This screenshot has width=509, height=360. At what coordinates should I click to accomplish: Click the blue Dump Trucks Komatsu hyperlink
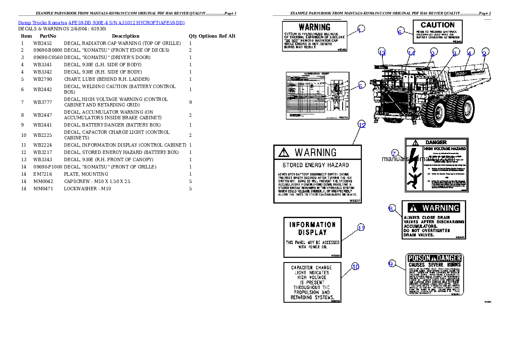point(101,23)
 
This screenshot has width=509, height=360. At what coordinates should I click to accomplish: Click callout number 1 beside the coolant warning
point(361,30)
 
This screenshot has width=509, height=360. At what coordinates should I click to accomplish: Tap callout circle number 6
point(400,32)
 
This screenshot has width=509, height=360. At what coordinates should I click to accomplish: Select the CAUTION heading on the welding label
point(437,25)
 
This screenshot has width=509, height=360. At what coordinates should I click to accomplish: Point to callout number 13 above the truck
point(382,53)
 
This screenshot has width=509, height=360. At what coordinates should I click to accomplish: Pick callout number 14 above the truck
point(411,53)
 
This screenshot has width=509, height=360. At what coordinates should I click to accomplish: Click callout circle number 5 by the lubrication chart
point(361,86)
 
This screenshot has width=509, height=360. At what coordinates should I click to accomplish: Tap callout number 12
point(362,125)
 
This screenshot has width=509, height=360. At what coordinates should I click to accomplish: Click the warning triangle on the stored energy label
point(283,152)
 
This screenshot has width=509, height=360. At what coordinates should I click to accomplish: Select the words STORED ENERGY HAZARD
point(316,165)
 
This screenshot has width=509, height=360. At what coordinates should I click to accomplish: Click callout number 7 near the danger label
point(394,153)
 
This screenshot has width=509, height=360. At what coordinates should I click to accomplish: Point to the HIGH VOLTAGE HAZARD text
point(444,148)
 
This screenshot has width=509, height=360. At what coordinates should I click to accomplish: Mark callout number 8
point(391,209)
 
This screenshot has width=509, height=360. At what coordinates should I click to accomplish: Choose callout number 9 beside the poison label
point(391,264)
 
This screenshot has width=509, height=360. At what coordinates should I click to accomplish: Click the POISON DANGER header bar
point(434,258)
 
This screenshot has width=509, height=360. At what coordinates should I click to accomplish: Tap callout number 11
point(361,228)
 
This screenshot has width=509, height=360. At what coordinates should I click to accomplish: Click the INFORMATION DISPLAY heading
point(313,228)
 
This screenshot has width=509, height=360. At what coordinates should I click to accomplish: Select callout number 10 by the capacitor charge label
point(355,267)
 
